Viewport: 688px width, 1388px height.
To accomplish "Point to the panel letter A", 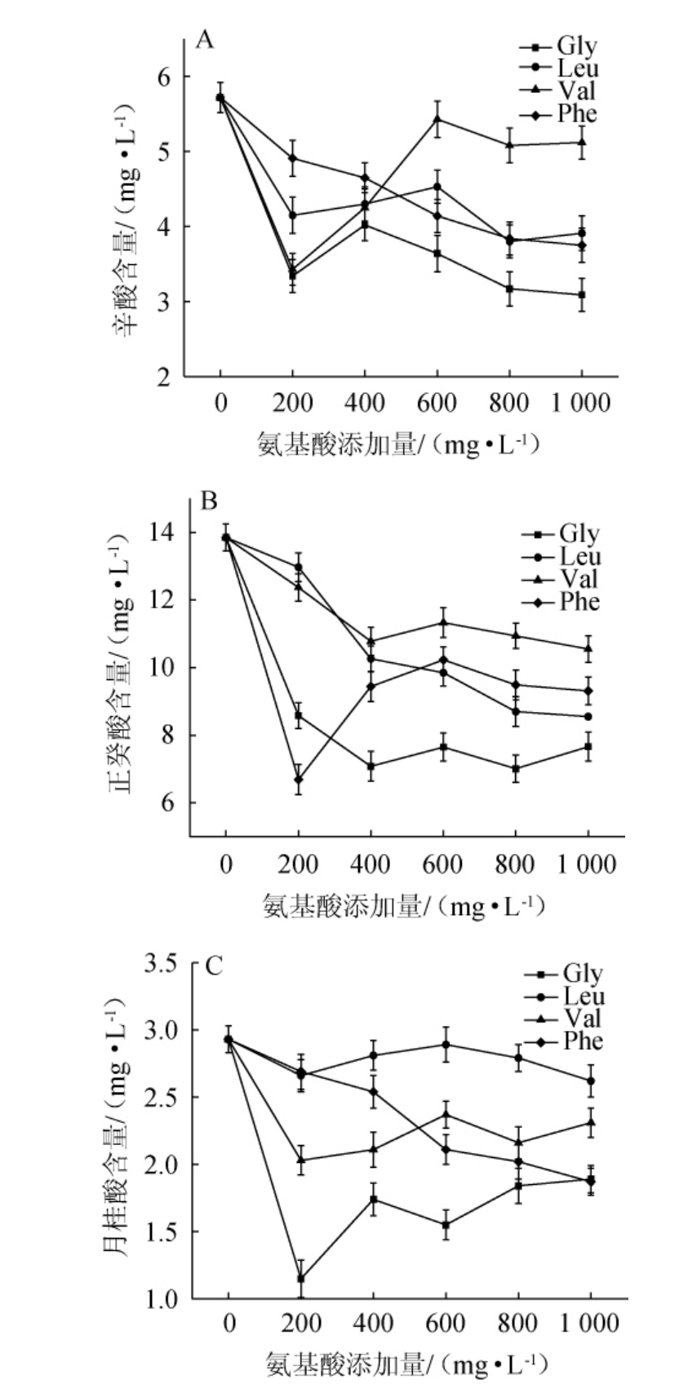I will point(206,39).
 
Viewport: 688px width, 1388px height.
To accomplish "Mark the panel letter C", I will point(214,966).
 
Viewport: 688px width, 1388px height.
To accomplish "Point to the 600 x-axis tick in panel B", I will point(443,864).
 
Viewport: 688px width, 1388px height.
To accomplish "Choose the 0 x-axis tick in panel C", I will point(229,1323).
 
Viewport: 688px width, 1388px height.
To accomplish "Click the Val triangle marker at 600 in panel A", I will point(437,119).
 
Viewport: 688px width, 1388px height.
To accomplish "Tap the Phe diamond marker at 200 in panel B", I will point(299,780).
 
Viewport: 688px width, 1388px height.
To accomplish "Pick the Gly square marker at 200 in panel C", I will point(301,1278).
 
